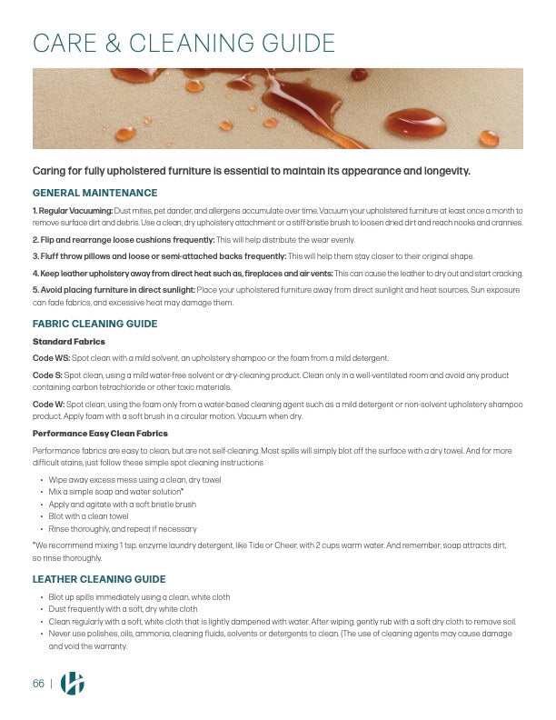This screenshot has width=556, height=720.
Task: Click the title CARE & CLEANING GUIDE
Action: pyautogui.click(x=184, y=43)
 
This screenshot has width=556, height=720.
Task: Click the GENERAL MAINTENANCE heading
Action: pyautogui.click(x=94, y=193)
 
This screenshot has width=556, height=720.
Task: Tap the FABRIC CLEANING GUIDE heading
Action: pyautogui.click(x=94, y=324)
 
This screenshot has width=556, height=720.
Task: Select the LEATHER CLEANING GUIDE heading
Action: pyautogui.click(x=98, y=579)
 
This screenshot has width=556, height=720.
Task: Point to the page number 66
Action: pyautogui.click(x=38, y=685)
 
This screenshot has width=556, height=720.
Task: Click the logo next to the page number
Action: pyautogui.click(x=72, y=685)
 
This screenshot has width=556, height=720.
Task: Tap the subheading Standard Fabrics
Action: pyautogui.click(x=68, y=341)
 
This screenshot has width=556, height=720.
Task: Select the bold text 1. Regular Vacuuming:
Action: pyautogui.click(x=73, y=211)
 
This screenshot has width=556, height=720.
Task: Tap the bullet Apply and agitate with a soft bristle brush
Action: pyautogui.click(x=122, y=504)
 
